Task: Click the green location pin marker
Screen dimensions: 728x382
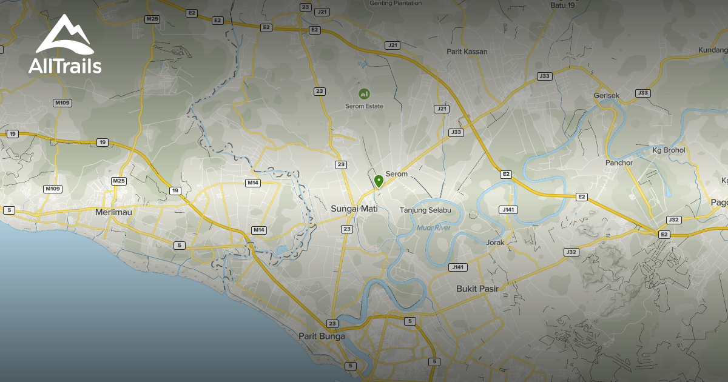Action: pos(379,181)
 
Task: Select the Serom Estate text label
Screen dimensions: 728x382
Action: pos(364,106)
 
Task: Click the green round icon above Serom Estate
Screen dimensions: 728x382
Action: pos(364,93)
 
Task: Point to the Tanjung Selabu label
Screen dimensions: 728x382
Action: pos(425,210)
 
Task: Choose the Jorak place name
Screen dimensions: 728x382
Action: pos(495,242)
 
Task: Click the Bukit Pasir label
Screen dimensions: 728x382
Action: pos(477,289)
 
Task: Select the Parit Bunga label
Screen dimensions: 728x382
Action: pos(322,336)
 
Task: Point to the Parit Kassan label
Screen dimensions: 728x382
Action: pos(467,52)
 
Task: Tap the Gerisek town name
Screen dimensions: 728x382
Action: pos(607,96)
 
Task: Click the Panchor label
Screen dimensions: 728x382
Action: pos(619,163)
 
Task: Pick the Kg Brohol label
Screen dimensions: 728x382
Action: pos(669,150)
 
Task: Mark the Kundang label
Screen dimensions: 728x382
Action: pos(713,50)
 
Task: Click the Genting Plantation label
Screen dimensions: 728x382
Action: pos(396,3)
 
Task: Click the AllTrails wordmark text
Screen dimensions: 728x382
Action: pos(65,65)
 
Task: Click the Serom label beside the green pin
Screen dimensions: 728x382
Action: pos(396,174)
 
